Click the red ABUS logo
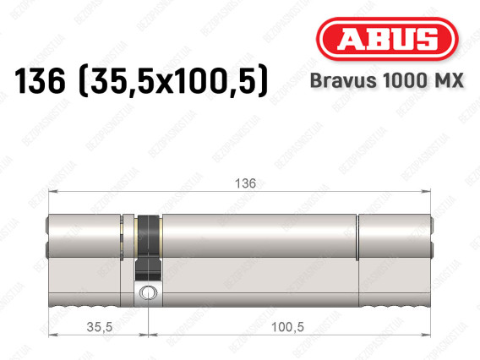[387, 39]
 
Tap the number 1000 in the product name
[401, 80]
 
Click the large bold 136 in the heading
[40, 81]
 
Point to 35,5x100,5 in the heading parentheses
[173, 82]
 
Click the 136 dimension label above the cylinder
[245, 183]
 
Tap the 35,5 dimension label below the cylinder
[100, 327]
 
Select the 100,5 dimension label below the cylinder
[287, 327]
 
